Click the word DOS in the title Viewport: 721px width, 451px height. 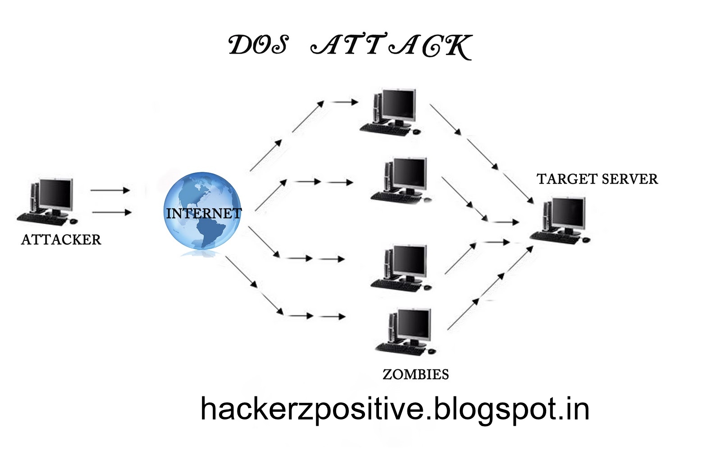[258, 46]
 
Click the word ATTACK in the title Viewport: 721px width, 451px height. [391, 46]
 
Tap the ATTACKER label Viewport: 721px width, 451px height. [61, 239]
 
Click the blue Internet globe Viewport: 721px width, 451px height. [202, 211]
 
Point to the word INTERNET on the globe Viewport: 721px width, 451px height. [204, 213]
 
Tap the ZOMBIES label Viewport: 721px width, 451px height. [415, 374]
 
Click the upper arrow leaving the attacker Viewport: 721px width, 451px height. [110, 190]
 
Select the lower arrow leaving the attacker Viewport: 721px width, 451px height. [111, 212]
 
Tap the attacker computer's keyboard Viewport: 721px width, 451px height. [41, 219]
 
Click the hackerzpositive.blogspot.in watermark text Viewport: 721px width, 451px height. [395, 409]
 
